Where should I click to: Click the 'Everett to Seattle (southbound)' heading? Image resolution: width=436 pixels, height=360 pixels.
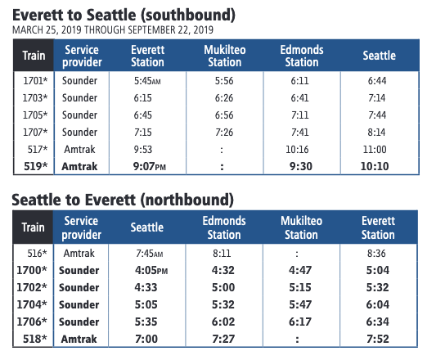[x=124, y=16]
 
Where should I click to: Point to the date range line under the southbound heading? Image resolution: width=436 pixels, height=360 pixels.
[x=113, y=30]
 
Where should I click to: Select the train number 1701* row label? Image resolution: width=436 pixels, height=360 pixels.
[x=35, y=81]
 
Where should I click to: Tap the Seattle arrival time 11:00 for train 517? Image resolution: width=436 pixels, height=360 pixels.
[x=375, y=150]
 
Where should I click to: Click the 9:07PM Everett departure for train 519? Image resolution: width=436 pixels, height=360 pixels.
[x=150, y=166]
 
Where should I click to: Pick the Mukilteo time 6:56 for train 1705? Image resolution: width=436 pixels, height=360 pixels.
[x=224, y=115]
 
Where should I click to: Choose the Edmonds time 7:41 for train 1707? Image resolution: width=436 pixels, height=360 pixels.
[x=300, y=133]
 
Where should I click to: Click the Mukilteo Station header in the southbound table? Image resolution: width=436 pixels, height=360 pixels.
[x=225, y=56]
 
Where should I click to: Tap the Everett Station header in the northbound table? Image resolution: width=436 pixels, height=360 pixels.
[x=378, y=227]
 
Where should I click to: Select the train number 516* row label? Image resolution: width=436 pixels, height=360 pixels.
[x=37, y=253]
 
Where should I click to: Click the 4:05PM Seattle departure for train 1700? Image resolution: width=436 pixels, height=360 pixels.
[x=151, y=270]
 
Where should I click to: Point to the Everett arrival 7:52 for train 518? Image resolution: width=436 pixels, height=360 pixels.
[x=378, y=339]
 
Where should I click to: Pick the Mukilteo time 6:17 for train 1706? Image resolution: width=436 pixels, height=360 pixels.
[x=300, y=322]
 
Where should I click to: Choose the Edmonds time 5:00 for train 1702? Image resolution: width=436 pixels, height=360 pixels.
[x=223, y=287]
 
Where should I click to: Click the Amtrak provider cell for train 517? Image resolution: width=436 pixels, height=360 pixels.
[x=79, y=150]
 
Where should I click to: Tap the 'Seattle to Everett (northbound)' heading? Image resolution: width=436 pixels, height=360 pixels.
[x=123, y=200]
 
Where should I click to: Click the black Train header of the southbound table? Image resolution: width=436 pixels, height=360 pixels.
[x=34, y=56]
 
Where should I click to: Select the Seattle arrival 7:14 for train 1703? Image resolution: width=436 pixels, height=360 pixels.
[x=377, y=98]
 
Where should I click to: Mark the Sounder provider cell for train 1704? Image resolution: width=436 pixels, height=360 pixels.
[x=79, y=304]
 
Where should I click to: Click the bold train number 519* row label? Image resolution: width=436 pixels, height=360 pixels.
[x=36, y=166]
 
